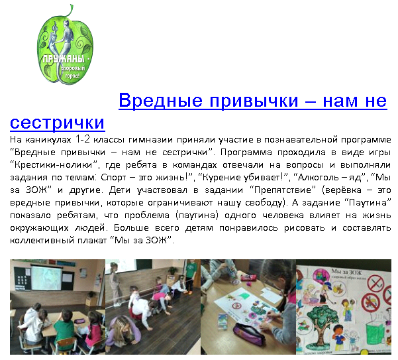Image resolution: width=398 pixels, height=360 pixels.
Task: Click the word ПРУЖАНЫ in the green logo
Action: (63, 59)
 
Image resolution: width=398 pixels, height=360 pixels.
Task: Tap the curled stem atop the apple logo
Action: (70, 11)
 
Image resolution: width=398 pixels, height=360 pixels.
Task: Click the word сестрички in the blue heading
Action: (58, 123)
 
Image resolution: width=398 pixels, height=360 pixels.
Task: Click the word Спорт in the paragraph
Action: (113, 177)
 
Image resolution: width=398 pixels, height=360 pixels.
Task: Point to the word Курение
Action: (221, 177)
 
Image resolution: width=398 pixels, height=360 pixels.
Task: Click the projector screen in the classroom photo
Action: (46, 278)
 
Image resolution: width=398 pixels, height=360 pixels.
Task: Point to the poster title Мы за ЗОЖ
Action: (346, 272)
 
